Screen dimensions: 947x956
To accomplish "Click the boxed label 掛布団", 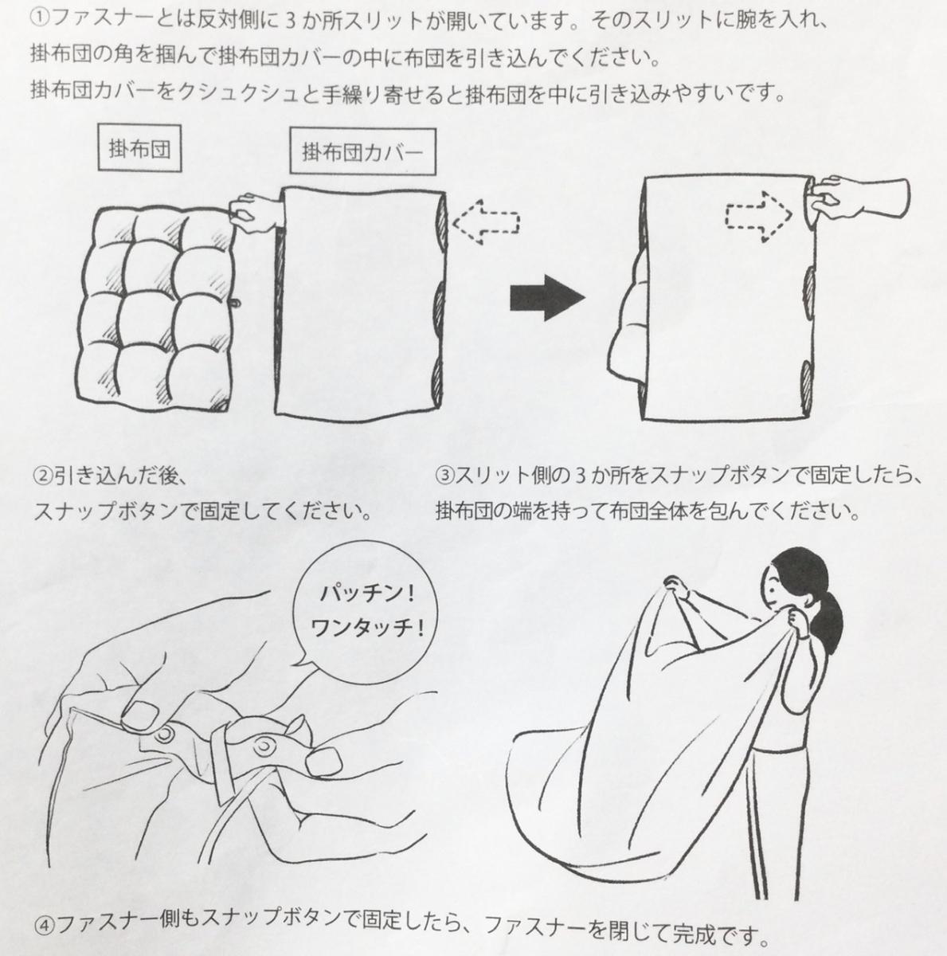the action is (139, 148).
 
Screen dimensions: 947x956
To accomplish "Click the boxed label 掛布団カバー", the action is (362, 151).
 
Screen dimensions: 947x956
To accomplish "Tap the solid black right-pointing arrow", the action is (548, 298).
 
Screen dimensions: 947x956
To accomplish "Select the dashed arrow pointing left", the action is (486, 221).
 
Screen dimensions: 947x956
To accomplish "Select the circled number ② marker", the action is (42, 476).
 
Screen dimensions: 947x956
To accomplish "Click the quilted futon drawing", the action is (156, 308).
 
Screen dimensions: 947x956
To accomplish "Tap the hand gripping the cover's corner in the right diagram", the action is (859, 198).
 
